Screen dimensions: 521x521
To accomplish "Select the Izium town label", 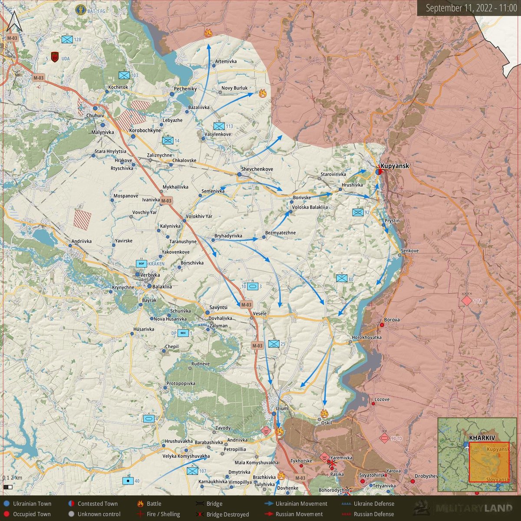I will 282,409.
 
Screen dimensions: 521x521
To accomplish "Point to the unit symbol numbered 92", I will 358,212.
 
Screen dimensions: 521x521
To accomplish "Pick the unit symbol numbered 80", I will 342,278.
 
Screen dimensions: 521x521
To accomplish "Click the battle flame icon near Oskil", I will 324,413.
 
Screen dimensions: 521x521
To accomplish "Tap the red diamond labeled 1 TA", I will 467,300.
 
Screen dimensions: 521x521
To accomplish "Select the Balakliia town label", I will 162,287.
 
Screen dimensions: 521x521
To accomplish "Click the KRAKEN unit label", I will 156,264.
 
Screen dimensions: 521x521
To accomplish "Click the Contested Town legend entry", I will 97,504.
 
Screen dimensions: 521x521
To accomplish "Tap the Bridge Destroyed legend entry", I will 228,514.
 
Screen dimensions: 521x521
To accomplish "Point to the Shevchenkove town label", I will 257,169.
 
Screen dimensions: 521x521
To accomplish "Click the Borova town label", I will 392,320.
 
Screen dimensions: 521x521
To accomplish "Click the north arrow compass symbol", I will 14,22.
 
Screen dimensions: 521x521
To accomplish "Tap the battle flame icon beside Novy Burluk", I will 262,92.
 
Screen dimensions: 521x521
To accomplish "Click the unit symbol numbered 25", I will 274,344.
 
